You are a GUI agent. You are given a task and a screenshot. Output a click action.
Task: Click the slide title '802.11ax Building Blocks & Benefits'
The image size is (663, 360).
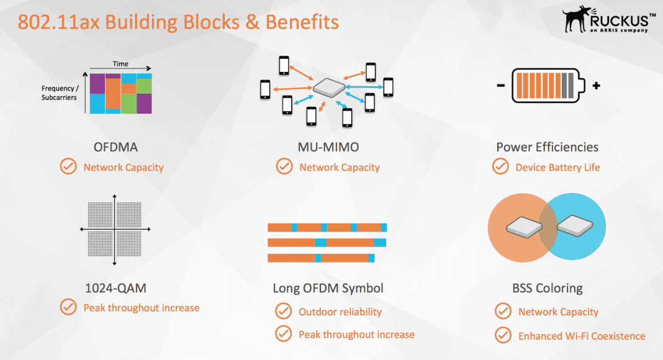click(178, 22)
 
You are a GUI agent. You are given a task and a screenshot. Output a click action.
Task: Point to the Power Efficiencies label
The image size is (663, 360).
click(547, 147)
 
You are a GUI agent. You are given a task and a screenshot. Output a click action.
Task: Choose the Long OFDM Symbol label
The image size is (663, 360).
click(328, 288)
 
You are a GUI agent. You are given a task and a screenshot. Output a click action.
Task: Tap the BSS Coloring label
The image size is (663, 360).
click(547, 288)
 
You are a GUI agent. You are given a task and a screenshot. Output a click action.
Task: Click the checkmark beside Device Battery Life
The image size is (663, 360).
click(500, 167)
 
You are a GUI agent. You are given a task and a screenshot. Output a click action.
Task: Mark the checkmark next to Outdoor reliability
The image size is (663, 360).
click(284, 311)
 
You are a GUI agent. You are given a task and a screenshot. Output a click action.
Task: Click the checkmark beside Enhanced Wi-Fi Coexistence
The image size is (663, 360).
click(503, 335)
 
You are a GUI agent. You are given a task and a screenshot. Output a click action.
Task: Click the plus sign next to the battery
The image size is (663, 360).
click(596, 86)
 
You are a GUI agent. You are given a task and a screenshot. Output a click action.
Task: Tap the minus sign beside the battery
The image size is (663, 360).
click(501, 86)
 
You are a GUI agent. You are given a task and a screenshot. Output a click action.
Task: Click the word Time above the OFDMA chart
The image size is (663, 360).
click(120, 64)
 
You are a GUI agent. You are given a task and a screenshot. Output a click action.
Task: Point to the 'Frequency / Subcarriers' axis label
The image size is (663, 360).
click(60, 93)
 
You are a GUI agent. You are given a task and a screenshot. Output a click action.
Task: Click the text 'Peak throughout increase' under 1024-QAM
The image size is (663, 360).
click(141, 307)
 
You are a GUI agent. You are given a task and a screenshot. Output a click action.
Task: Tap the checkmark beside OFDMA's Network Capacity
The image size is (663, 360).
click(68, 167)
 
